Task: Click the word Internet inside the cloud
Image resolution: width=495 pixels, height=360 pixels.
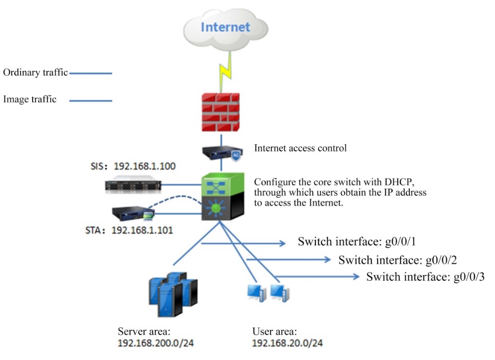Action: pyautogui.click(x=225, y=27)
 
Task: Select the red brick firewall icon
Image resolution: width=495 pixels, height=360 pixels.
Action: pyautogui.click(x=221, y=112)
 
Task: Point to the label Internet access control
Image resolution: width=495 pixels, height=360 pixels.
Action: pyautogui.click(x=300, y=148)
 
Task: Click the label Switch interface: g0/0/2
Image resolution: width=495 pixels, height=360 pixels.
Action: pyautogui.click(x=398, y=260)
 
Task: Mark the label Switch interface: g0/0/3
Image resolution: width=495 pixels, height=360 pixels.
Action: pyautogui.click(x=426, y=277)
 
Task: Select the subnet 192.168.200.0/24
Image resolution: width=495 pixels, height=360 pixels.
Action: pyautogui.click(x=156, y=343)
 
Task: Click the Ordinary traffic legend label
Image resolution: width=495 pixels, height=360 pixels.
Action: pyautogui.click(x=35, y=73)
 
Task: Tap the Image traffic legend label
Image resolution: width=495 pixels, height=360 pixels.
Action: pyautogui.click(x=30, y=99)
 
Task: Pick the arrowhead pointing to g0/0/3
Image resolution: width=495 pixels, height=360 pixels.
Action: pyautogui.click(x=356, y=277)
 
